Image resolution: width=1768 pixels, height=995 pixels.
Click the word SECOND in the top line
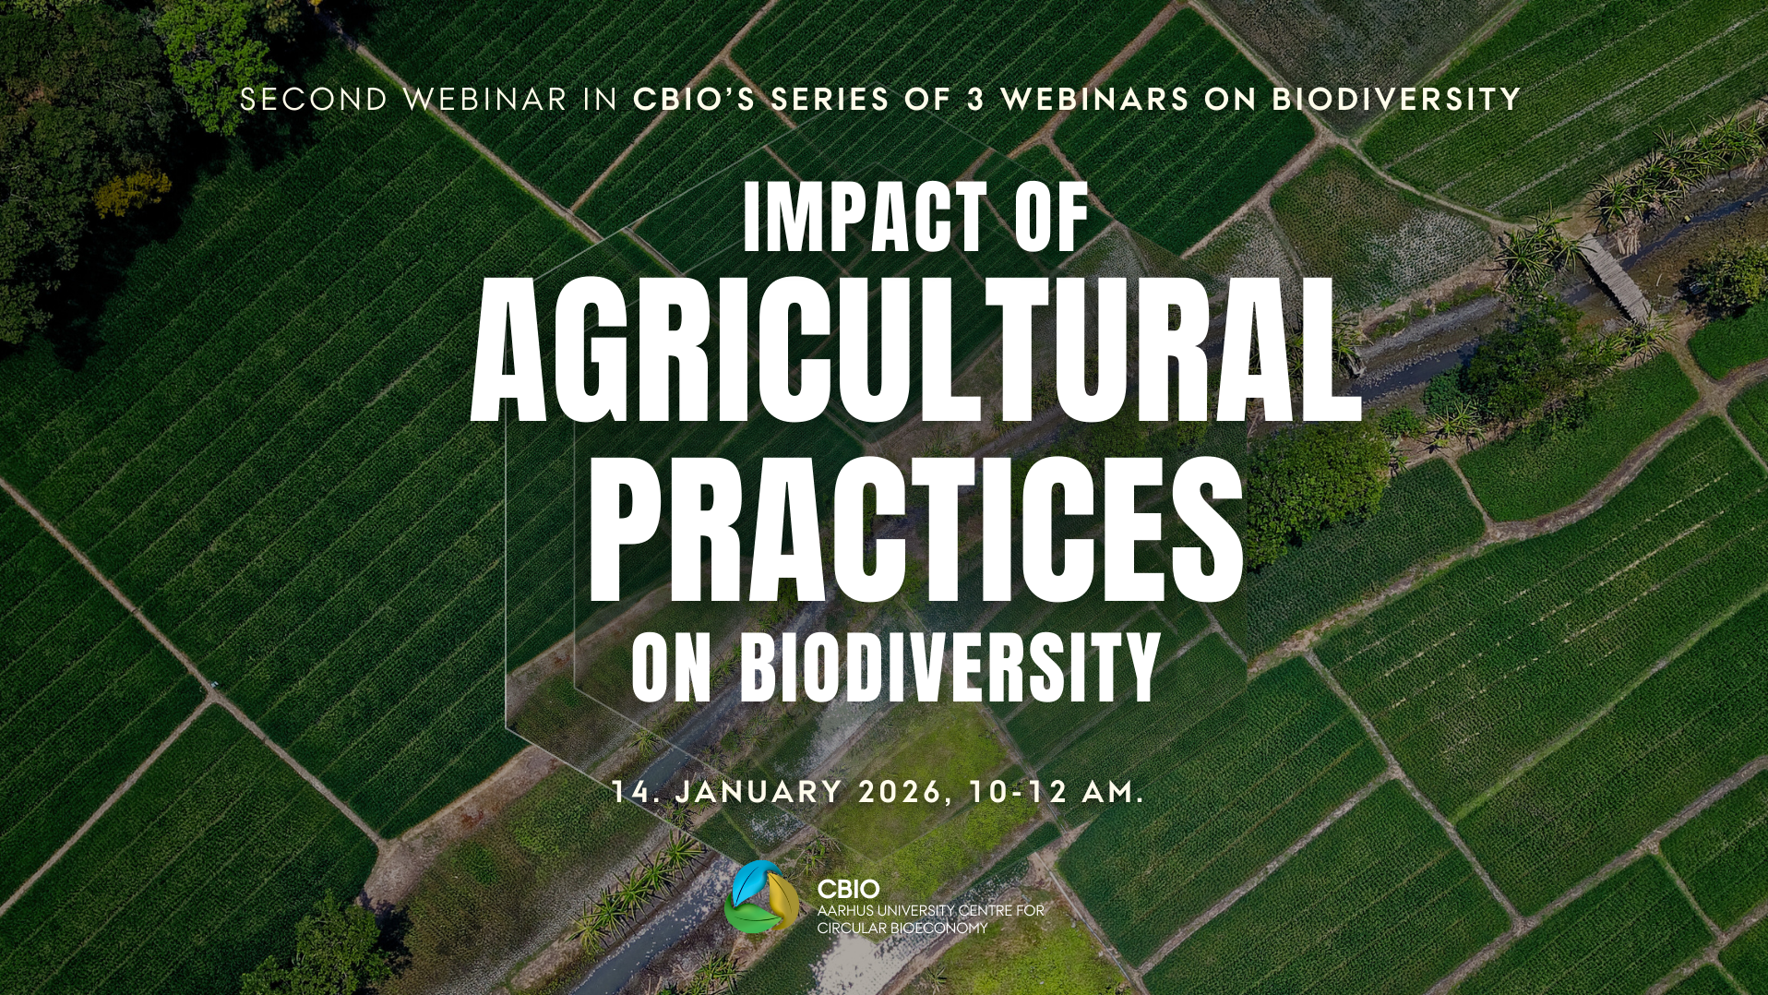click(x=314, y=100)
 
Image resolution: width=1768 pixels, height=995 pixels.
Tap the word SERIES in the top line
click(x=830, y=100)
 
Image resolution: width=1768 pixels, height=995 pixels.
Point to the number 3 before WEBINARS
click(x=975, y=100)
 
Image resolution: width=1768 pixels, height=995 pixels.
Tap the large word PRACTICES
click(x=916, y=529)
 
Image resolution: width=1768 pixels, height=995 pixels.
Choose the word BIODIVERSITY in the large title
click(x=950, y=666)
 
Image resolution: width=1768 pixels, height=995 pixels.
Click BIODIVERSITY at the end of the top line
click(x=1396, y=100)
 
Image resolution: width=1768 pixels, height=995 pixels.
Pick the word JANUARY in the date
click(x=759, y=792)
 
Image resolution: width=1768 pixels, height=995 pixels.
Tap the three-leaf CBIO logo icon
click(x=761, y=897)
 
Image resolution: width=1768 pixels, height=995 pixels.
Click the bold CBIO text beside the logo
click(x=848, y=889)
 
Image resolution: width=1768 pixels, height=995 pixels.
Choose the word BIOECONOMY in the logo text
click(x=938, y=929)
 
